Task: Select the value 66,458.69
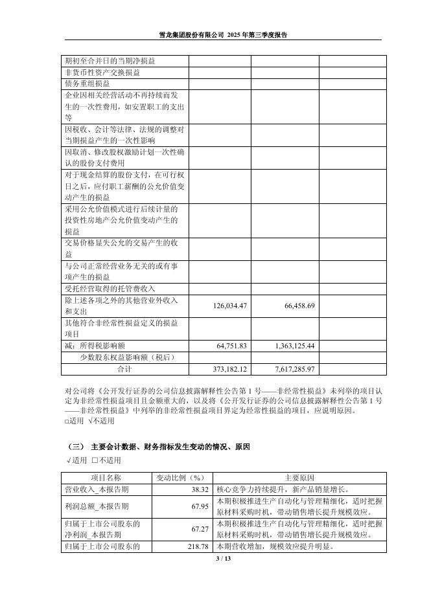[x=290, y=306]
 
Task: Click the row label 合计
[x=124, y=369]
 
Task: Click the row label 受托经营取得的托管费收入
[x=110, y=289]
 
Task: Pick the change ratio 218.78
[x=196, y=547]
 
